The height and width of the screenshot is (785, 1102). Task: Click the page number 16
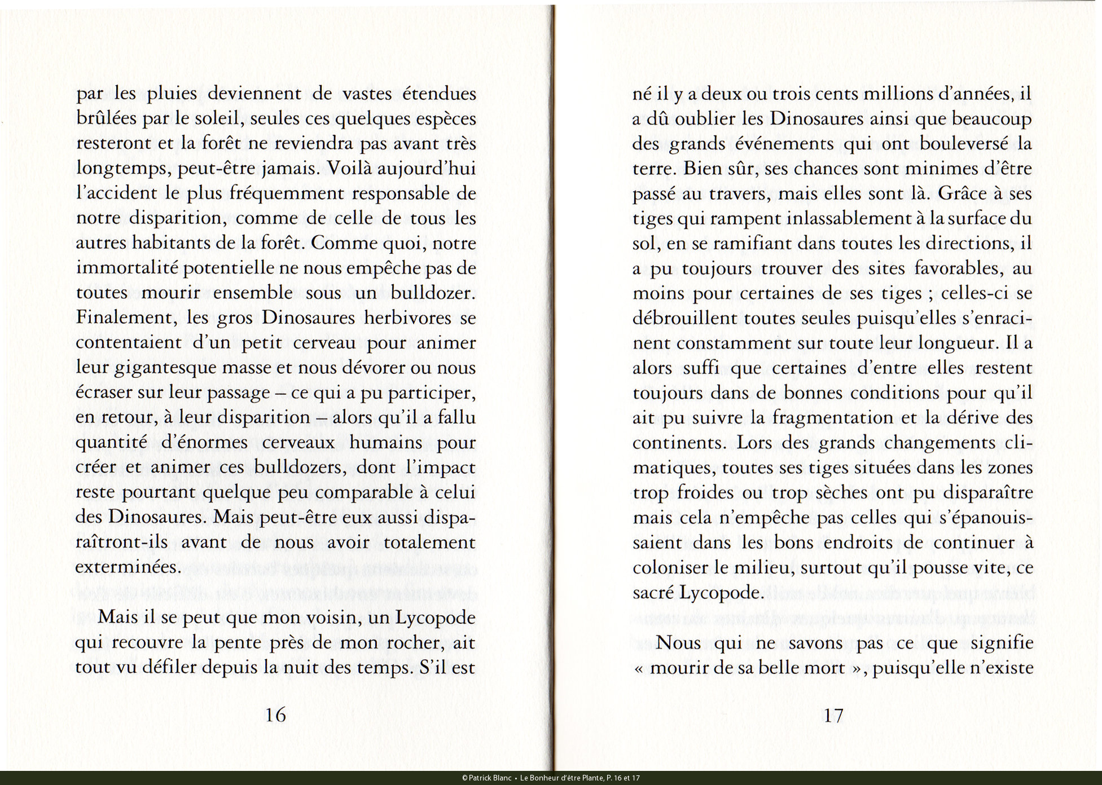click(x=275, y=715)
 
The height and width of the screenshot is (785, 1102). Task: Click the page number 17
click(x=833, y=715)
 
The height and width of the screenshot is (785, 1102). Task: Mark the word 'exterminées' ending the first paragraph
click(x=128, y=567)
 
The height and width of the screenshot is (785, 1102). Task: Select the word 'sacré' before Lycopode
click(x=652, y=592)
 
